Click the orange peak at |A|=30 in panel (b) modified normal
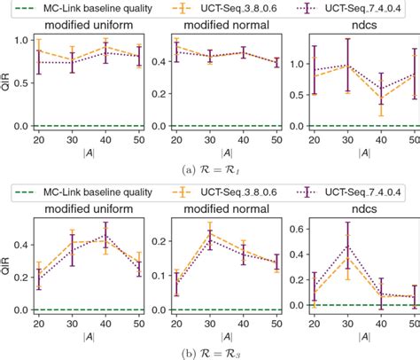tap(209, 232)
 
